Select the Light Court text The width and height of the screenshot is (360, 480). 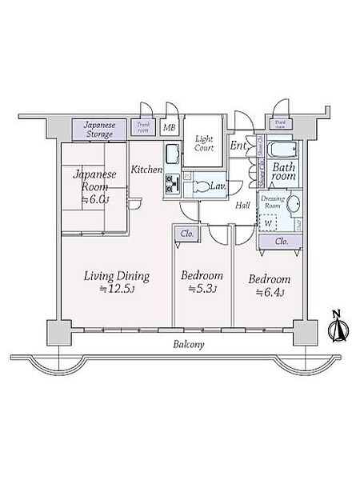[x=205, y=143]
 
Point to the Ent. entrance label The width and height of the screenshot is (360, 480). [x=238, y=146]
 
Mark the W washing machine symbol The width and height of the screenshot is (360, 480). [x=267, y=223]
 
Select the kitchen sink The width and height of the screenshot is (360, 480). [x=174, y=154]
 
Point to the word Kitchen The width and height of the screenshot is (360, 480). [x=147, y=170]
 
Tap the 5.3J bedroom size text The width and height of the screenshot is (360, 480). [x=202, y=289]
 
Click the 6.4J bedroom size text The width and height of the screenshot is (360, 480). [x=268, y=294]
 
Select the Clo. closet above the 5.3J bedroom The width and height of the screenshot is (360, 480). [x=186, y=234]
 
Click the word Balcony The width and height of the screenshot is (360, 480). [x=188, y=345]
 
